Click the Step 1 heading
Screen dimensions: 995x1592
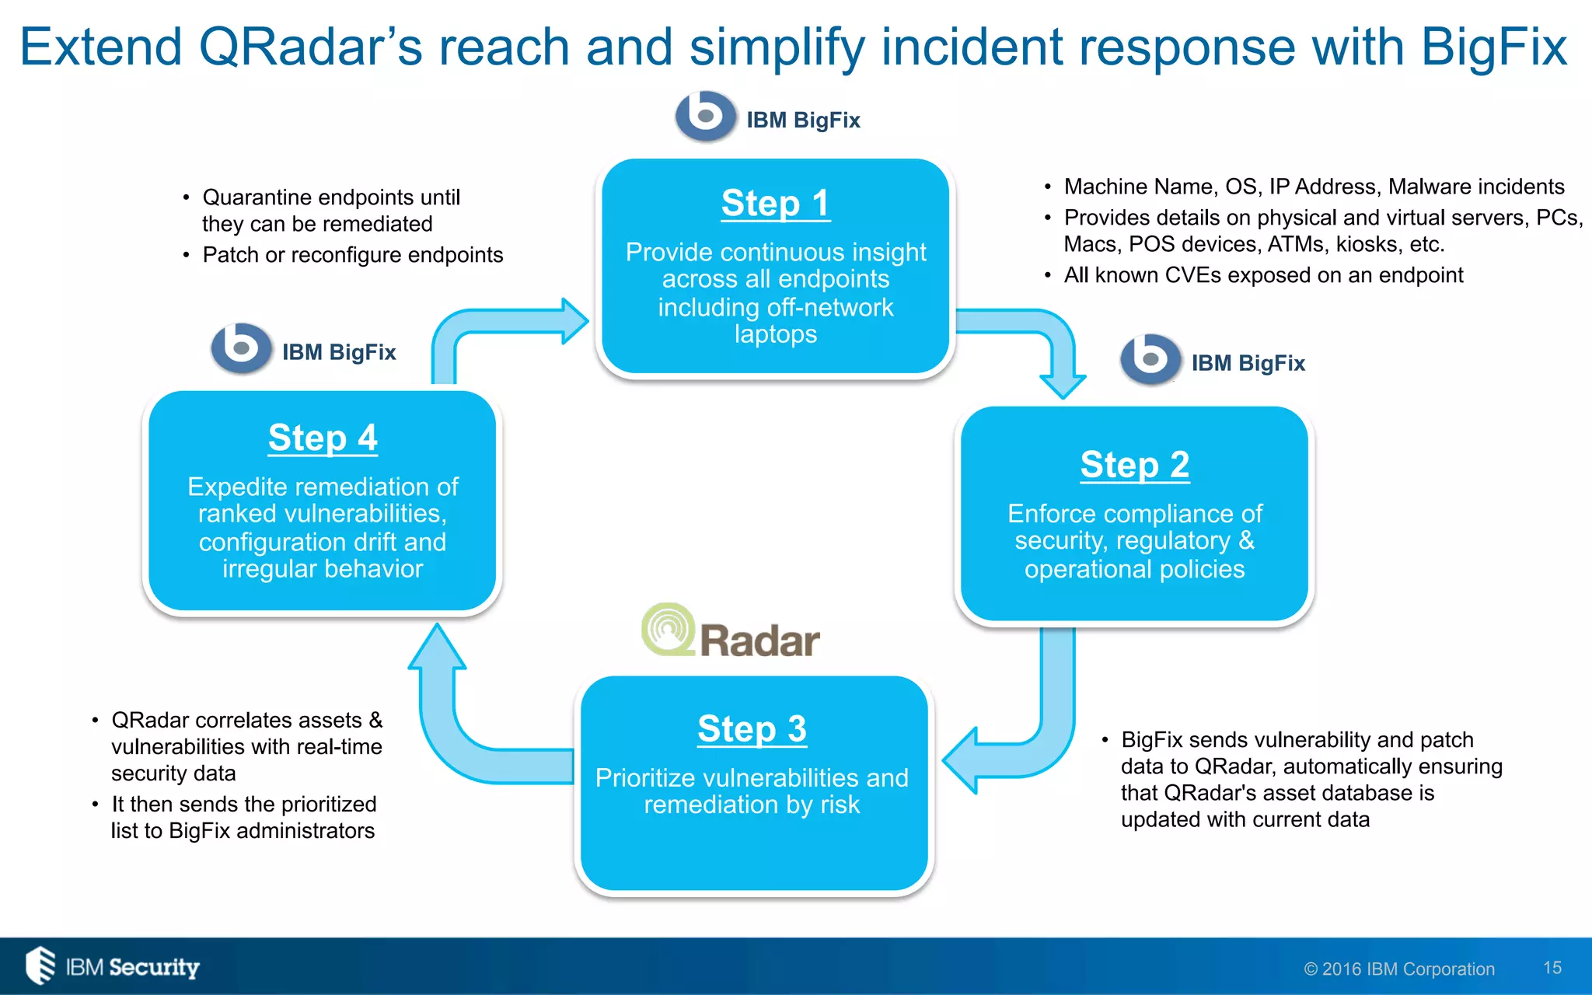775,204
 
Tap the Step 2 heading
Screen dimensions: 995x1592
1134,465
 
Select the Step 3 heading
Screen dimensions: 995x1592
752,729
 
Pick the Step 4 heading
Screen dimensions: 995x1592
323,438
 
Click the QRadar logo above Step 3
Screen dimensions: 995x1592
731,632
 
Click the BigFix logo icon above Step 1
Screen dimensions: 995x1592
705,117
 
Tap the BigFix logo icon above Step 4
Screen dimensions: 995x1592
241,348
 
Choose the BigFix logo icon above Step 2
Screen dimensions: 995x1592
1150,359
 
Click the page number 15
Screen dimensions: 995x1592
1552,968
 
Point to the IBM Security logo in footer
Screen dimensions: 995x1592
113,966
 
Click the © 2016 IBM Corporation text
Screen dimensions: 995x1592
1398,969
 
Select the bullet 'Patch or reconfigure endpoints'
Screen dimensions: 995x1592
352,255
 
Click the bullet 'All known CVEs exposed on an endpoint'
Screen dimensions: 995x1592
1262,275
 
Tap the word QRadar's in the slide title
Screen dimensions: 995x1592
311,47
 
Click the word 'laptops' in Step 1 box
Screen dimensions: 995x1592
775,334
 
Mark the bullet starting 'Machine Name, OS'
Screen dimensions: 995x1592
1313,187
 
